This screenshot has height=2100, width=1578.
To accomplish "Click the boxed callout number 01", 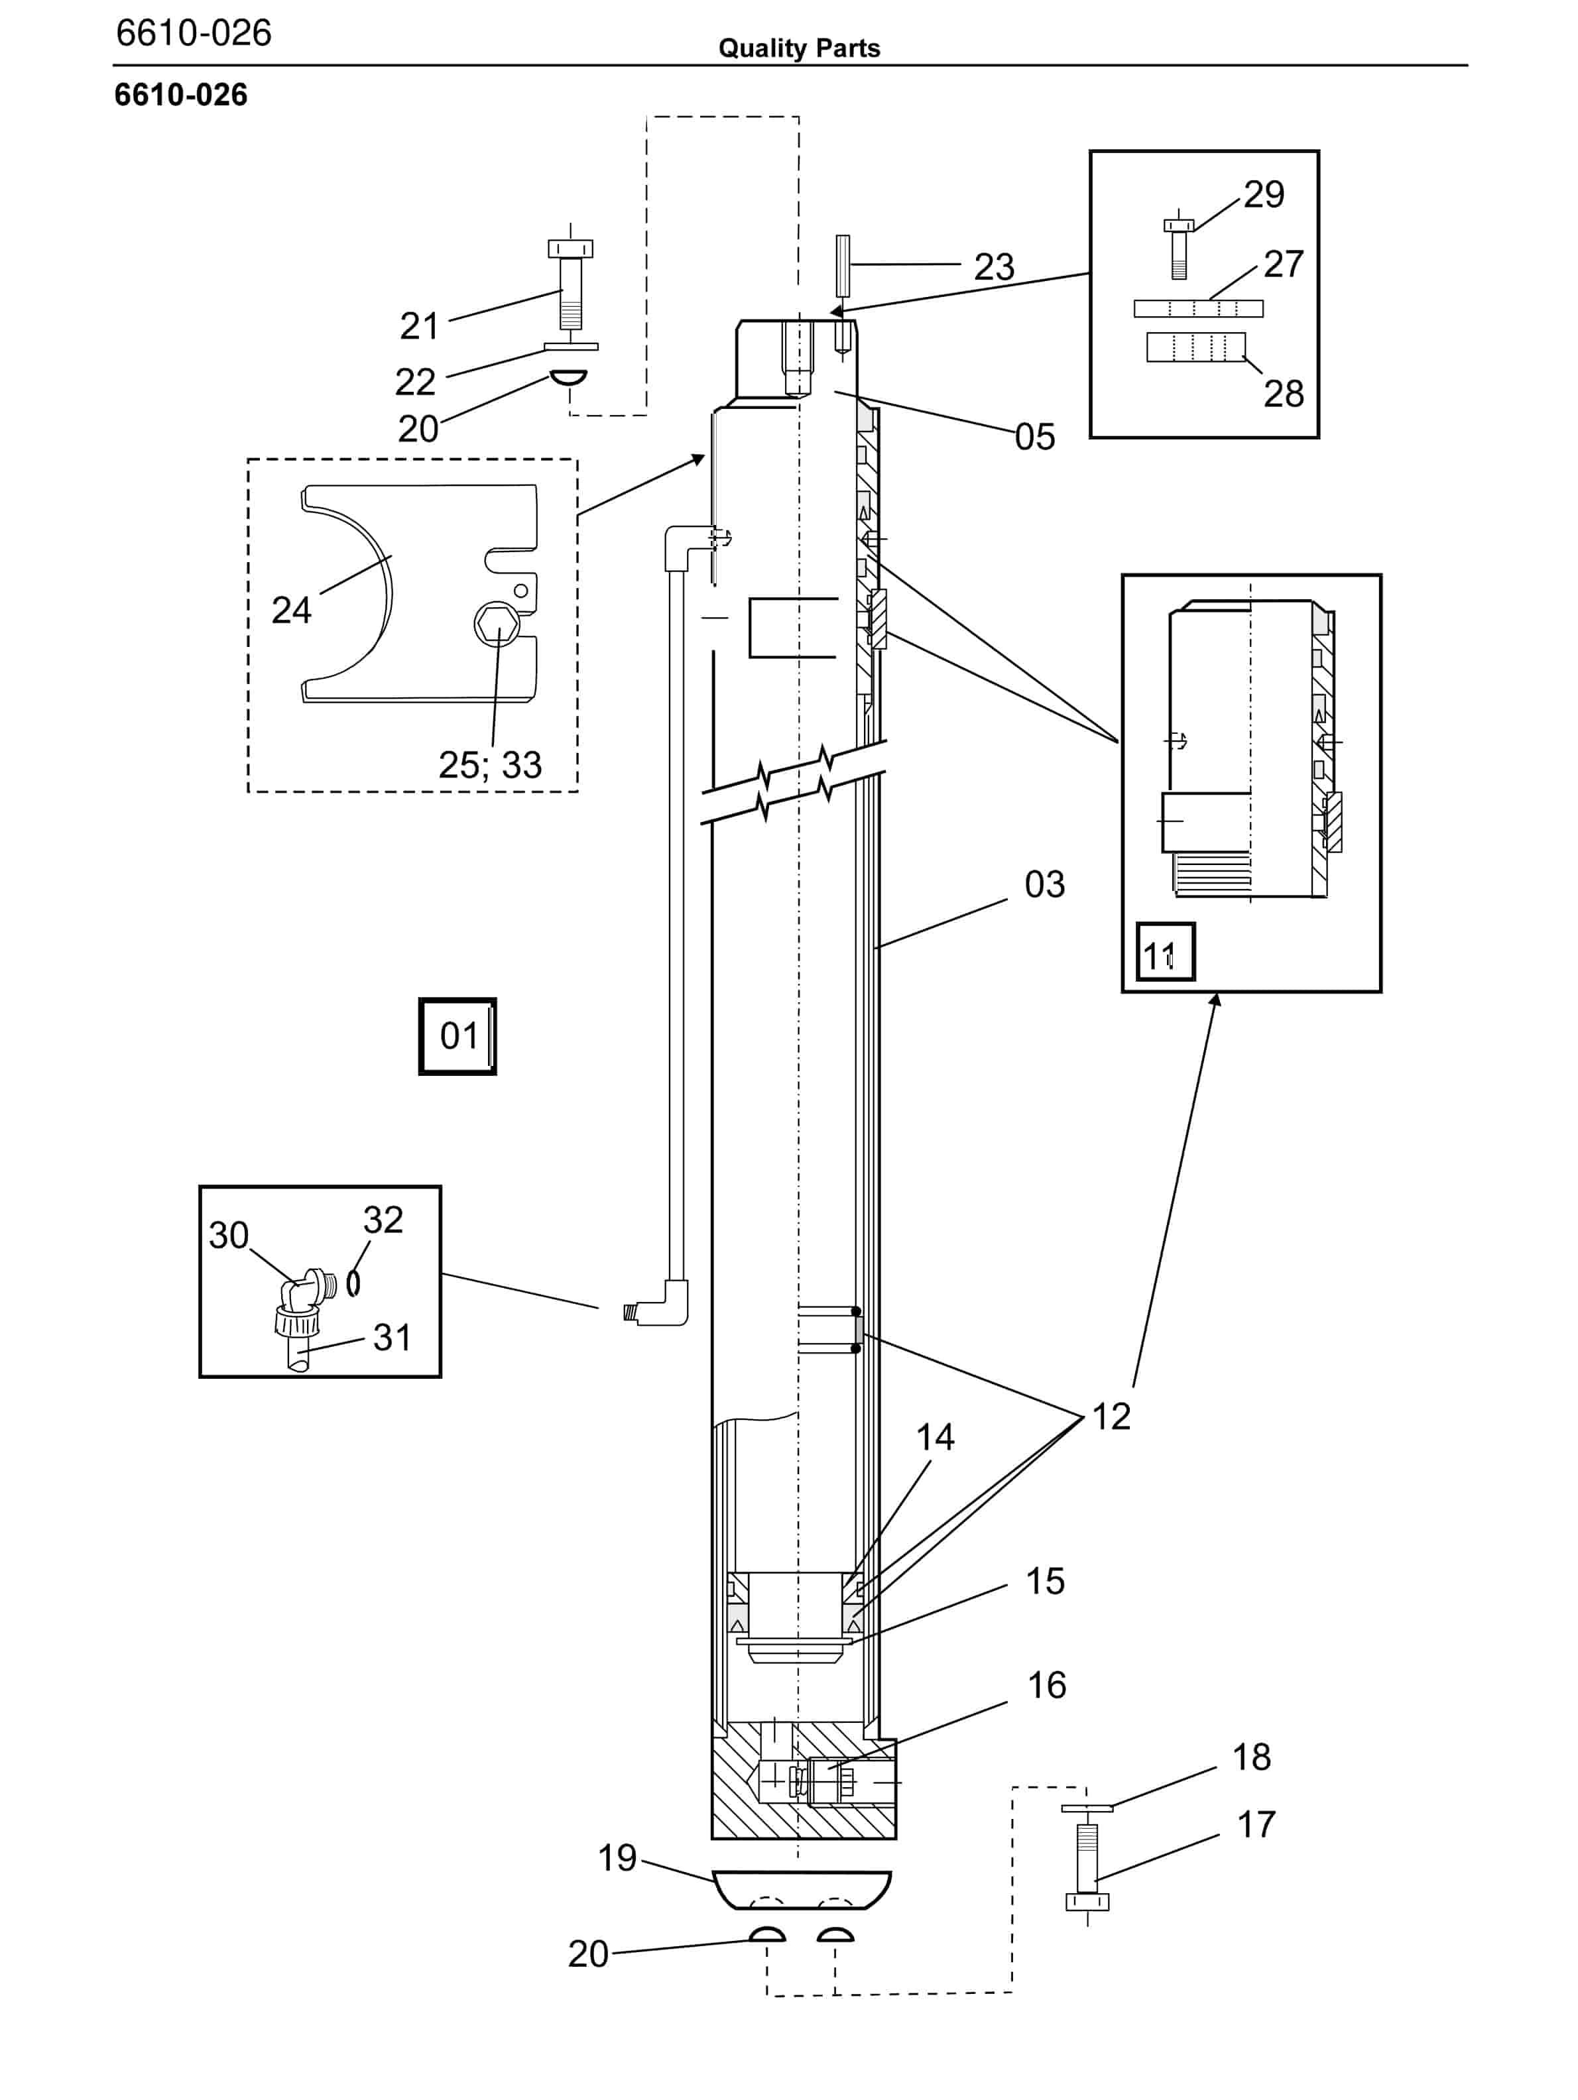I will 457,1036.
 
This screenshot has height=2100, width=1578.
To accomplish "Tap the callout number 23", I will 994,266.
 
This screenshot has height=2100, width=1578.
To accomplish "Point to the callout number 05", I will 1035,437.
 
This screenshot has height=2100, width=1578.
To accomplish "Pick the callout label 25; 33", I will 490,765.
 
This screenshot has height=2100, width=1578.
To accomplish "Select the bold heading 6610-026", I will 180,95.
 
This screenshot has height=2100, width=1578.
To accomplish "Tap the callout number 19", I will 617,1858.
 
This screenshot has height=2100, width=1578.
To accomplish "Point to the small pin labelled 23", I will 842,266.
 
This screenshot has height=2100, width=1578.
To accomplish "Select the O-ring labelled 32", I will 353,1283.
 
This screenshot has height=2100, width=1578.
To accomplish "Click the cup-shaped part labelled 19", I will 802,1889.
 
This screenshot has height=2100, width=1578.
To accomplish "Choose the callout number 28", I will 1284,394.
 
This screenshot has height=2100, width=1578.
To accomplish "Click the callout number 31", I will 392,1338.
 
